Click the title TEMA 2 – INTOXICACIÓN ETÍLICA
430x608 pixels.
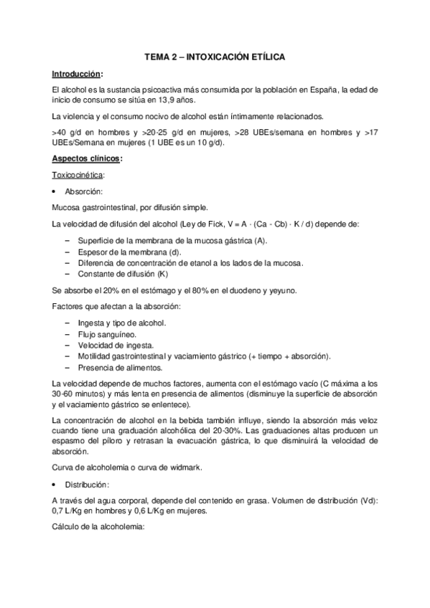coord(215,55)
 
